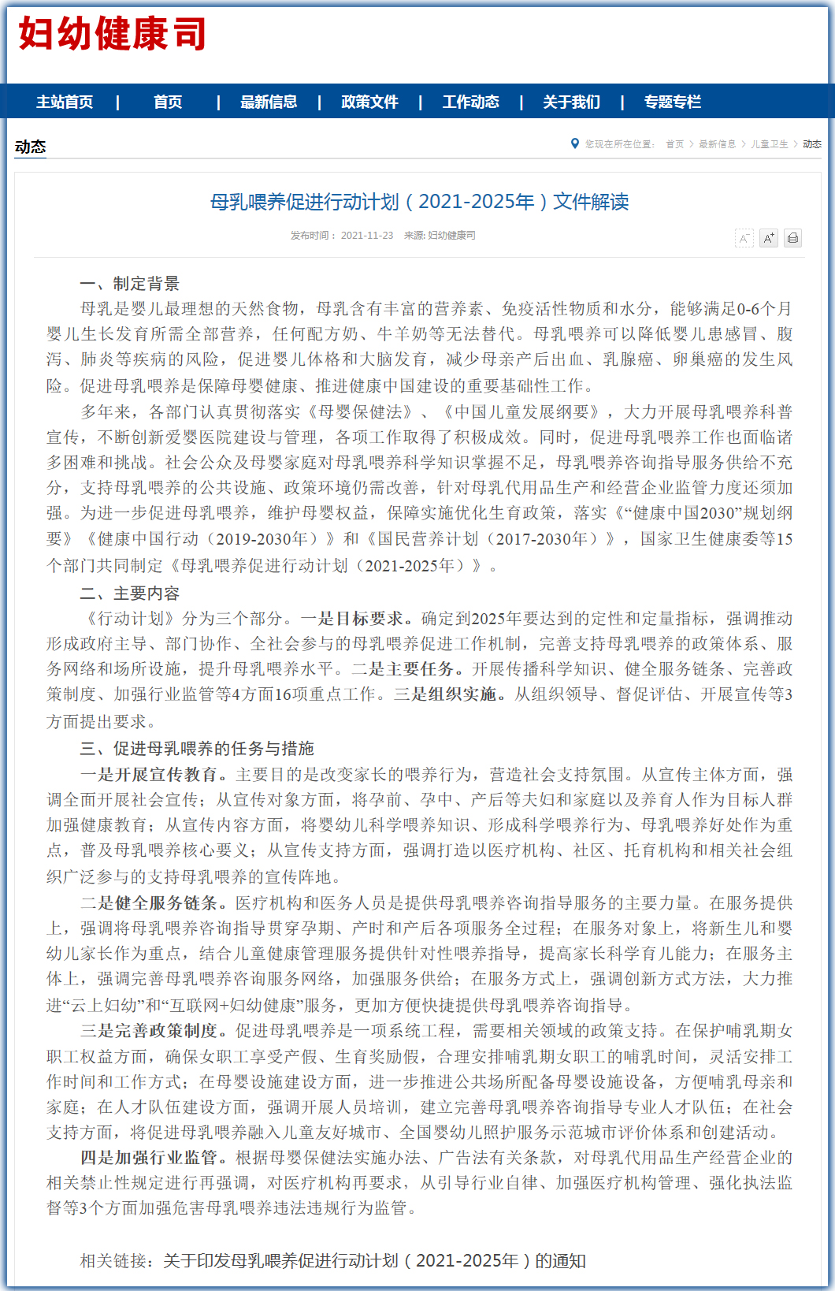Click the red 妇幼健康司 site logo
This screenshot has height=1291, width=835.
(112, 35)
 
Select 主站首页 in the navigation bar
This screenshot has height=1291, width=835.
(65, 102)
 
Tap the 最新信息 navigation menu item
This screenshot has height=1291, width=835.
(269, 102)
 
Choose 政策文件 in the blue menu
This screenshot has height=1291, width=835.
(369, 102)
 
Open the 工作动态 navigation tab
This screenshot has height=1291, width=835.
(470, 102)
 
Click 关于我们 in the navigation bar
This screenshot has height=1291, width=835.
(571, 102)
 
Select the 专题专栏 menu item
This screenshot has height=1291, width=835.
(672, 102)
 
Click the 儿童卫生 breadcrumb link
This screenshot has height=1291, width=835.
(769, 144)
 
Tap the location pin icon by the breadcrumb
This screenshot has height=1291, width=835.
(575, 143)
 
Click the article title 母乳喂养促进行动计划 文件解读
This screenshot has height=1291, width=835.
(419, 202)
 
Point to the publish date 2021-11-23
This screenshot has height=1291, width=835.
(366, 236)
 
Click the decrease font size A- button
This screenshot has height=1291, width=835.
(744, 238)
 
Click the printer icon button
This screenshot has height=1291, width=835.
(792, 238)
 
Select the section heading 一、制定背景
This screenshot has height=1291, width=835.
(130, 284)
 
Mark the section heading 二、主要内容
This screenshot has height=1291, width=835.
(130, 593)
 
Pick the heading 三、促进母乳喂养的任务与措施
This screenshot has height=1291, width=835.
(197, 748)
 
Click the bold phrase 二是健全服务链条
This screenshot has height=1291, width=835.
(154, 903)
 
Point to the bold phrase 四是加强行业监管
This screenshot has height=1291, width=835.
(154, 1158)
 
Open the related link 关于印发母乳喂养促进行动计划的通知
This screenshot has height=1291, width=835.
(374, 1261)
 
